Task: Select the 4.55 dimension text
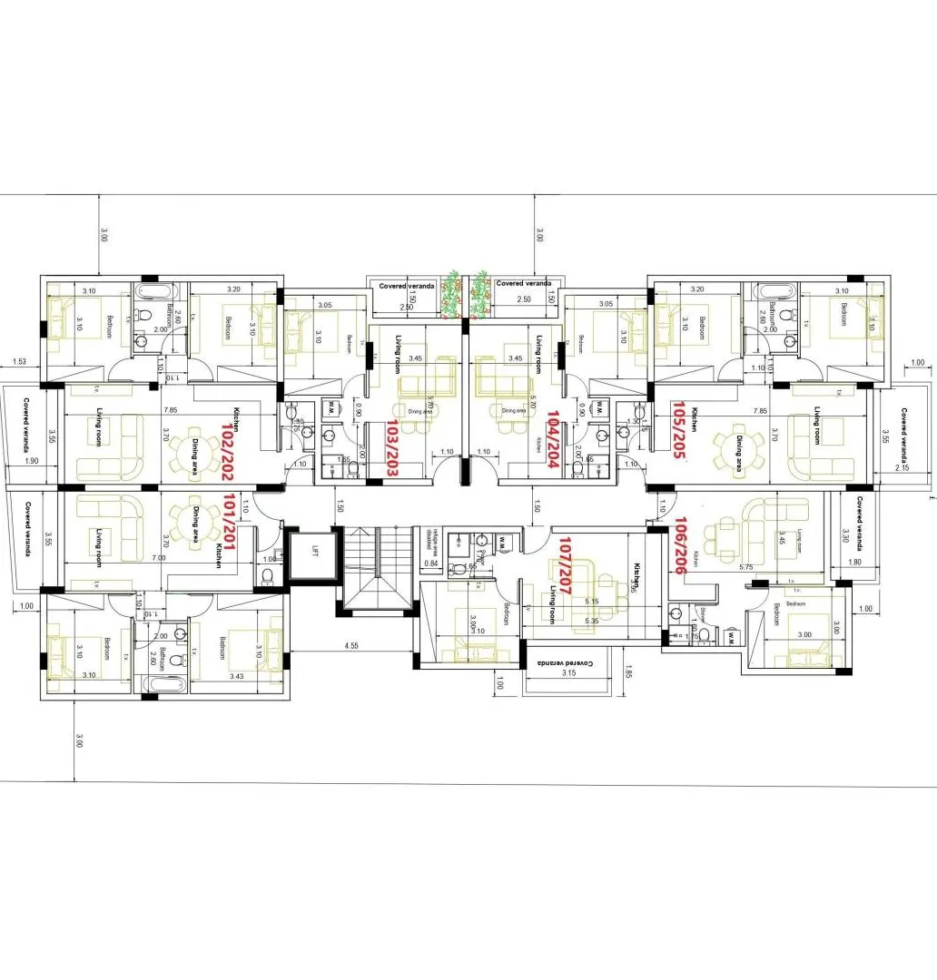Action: click(x=350, y=647)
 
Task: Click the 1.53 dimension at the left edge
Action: click(x=19, y=362)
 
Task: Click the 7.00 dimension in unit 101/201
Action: click(x=159, y=557)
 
